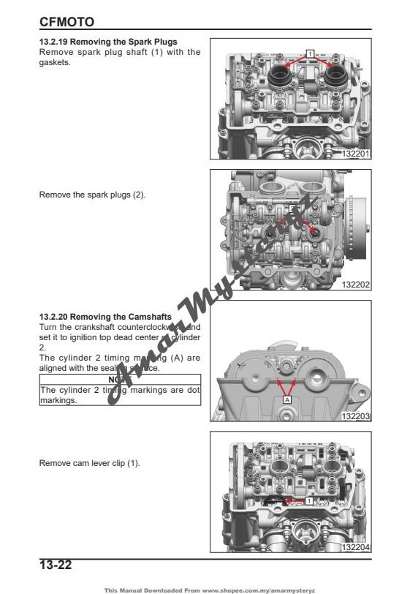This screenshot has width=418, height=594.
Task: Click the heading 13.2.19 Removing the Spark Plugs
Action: pyautogui.click(x=107, y=42)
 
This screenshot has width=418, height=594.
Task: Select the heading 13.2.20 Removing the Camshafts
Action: pyautogui.click(x=105, y=316)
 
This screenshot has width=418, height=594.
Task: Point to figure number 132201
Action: pyautogui.click(x=357, y=154)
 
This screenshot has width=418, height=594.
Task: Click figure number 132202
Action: pyautogui.click(x=357, y=285)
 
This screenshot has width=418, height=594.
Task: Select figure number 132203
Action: pyautogui.click(x=357, y=416)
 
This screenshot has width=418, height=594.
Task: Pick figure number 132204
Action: pyautogui.click(x=357, y=547)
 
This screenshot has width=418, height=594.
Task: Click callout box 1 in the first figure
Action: pyautogui.click(x=311, y=53)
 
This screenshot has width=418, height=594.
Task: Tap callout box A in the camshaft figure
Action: pyautogui.click(x=287, y=401)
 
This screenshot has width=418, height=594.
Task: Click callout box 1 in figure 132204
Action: pyautogui.click(x=309, y=501)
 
